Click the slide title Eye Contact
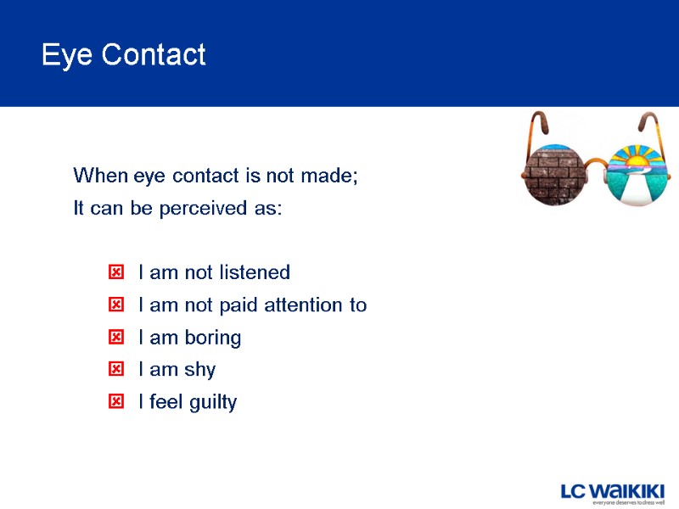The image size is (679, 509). tap(123, 55)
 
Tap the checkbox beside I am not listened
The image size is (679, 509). tap(116, 272)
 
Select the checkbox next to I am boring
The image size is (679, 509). tap(116, 338)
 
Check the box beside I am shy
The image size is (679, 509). tap(116, 370)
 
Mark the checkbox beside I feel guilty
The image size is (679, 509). tap(116, 402)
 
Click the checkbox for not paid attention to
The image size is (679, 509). tap(116, 305)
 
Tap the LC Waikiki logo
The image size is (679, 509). tap(612, 491)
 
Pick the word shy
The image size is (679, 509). tap(198, 371)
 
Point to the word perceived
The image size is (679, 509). tap(210, 209)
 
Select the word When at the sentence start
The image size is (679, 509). tap(101, 176)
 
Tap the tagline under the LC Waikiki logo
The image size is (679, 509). tap(627, 503)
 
